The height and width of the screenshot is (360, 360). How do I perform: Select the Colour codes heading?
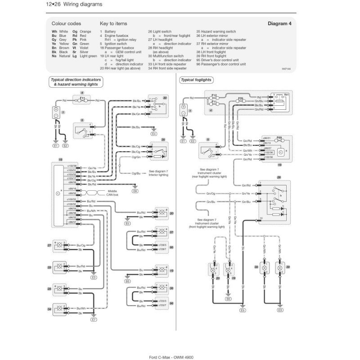[x=66, y=24]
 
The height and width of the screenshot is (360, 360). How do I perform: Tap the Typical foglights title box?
[x=197, y=80]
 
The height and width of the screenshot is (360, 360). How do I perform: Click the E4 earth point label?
[x=154, y=134]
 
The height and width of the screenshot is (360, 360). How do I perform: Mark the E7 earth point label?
[x=94, y=319]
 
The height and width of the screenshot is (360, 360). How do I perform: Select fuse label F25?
[x=241, y=98]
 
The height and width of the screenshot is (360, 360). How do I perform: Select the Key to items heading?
[x=113, y=24]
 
